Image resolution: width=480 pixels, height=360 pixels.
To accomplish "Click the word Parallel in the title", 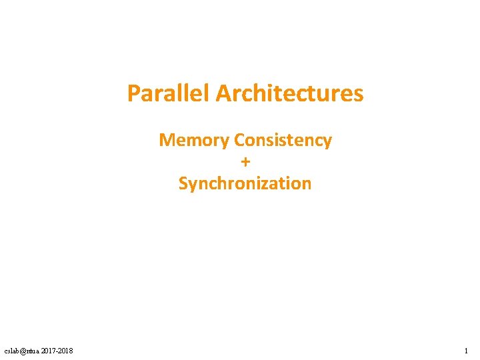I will tap(169, 93).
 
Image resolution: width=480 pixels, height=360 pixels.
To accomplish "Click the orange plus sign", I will tap(245, 162).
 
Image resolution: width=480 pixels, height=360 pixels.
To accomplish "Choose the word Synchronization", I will tap(245, 183).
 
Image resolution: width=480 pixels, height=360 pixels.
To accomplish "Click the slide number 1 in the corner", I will tap(466, 351).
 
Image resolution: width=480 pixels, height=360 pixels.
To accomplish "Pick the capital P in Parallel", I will tap(133, 93).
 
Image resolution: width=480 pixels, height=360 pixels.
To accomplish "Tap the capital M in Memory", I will tap(166, 141).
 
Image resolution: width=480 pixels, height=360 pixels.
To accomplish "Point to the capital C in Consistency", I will tap(239, 141).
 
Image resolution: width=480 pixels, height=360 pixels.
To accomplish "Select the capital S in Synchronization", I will tap(183, 183).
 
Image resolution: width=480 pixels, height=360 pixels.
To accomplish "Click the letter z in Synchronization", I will tap(267, 184).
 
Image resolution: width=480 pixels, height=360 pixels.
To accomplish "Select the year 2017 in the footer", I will tap(49, 351).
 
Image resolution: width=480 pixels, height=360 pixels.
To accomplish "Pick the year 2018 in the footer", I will tap(66, 351).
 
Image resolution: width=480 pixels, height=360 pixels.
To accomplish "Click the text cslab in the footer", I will tap(12, 351).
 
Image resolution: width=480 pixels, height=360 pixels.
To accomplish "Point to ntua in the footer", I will tap(33, 351).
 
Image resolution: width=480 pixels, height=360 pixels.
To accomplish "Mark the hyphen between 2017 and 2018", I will tap(57, 351).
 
